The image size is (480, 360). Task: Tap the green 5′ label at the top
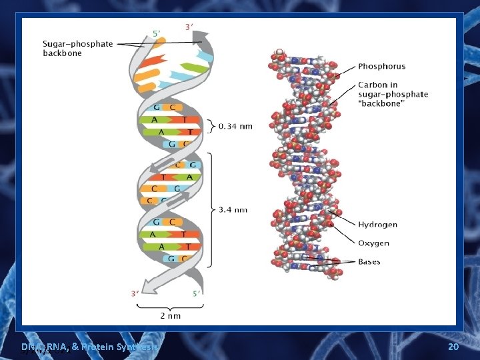(156, 33)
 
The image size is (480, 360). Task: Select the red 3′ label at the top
(189, 27)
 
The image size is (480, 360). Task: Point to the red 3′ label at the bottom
(135, 293)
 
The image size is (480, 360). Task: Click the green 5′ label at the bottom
(196, 293)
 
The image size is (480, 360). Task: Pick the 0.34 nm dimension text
(237, 127)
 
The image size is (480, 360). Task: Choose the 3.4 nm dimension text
(233, 209)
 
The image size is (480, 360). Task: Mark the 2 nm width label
(169, 315)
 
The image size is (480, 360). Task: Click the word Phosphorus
(381, 66)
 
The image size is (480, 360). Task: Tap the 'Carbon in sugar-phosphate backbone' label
(393, 94)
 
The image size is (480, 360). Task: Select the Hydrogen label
(377, 225)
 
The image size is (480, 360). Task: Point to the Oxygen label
(373, 243)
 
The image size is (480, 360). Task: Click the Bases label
(369, 261)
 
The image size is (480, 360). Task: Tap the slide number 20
(453, 347)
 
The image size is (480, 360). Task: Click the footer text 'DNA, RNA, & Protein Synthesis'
(89, 347)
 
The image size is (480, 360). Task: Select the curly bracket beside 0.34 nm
(212, 126)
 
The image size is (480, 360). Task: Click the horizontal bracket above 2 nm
(169, 305)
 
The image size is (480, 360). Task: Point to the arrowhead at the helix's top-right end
(201, 39)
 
